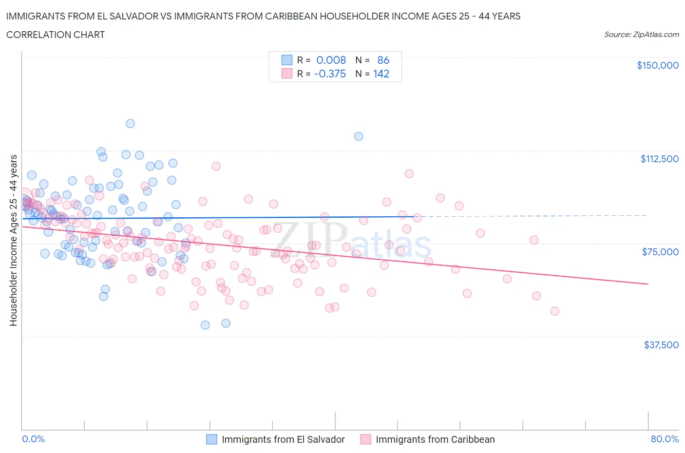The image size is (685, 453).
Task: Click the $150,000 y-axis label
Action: pos(657,65)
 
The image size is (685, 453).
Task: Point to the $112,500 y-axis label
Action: pos(659,159)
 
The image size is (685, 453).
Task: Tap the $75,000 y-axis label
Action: pos(660,252)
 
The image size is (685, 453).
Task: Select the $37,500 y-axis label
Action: pos(661,345)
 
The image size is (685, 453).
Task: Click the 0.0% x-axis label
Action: pos(33,439)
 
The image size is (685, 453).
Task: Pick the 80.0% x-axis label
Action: pos(665,439)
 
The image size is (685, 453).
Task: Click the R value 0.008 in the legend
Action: pos(331,60)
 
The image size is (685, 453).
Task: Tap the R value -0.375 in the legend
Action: pos(330,74)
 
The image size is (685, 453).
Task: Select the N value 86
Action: pos(383,60)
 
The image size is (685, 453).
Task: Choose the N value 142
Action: pos(381,74)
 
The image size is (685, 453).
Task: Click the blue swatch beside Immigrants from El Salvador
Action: pos(211,439)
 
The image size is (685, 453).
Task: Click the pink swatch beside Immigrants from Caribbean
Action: pos(365,439)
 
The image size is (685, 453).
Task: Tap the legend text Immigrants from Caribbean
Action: pos(435,439)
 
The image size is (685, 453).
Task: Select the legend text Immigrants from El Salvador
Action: pos(283,439)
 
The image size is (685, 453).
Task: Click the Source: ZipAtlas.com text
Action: pos(641,35)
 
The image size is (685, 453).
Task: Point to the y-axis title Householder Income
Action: pos(13,240)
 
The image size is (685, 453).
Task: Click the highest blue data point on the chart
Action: pos(130,124)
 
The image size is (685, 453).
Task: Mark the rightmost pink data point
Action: pos(554,311)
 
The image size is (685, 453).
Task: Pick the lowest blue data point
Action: pos(205,325)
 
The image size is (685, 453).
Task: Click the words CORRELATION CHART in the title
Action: pos(56,35)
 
